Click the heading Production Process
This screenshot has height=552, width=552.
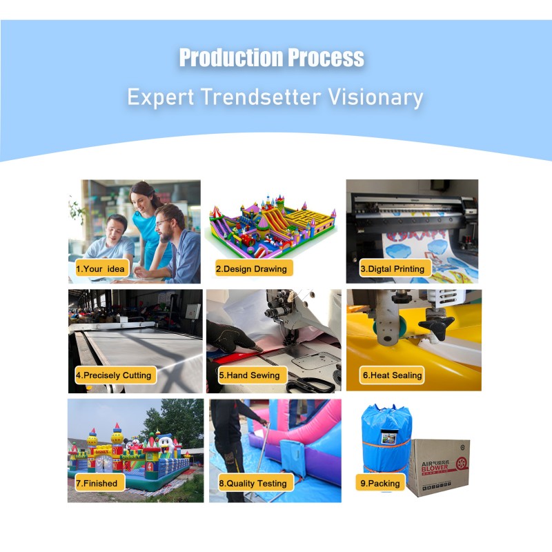click(271, 58)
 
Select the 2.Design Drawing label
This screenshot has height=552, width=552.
click(251, 268)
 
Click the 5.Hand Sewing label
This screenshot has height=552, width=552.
click(250, 375)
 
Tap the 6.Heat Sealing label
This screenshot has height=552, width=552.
click(393, 375)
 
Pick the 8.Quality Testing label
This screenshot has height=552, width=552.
click(253, 484)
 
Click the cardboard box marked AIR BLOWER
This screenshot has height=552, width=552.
click(437, 466)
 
